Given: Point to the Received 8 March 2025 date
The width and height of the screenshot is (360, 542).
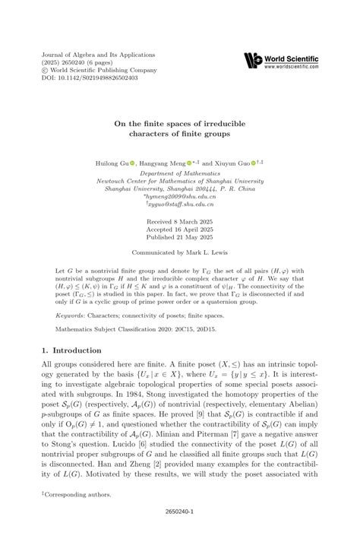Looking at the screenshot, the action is [x=180, y=219].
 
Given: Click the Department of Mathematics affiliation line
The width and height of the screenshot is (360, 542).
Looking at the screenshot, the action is [x=180, y=173].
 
